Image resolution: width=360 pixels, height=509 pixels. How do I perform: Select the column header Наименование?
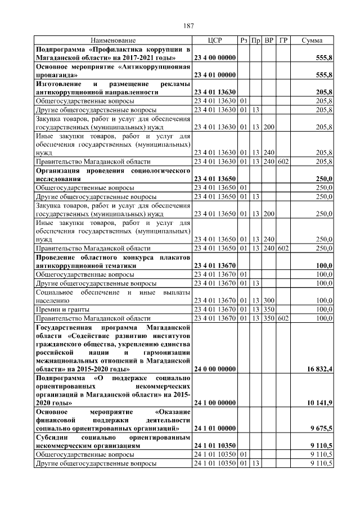pyautogui.click(x=113, y=40)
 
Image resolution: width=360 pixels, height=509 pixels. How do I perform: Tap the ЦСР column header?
pyautogui.click(x=215, y=40)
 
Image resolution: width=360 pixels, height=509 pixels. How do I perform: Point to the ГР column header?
pyautogui.click(x=283, y=40)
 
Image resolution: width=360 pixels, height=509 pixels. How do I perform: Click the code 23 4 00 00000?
pyautogui.click(x=214, y=58)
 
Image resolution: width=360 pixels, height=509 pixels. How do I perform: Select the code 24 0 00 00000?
pyautogui.click(x=214, y=369)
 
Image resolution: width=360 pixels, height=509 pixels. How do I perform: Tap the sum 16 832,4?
pyautogui.click(x=317, y=369)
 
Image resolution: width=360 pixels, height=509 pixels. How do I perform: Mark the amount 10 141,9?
pyautogui.click(x=317, y=403)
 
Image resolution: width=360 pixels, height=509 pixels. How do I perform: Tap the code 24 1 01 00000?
pyautogui.click(x=214, y=429)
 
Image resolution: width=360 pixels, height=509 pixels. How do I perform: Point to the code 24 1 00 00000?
pyautogui.click(x=214, y=403)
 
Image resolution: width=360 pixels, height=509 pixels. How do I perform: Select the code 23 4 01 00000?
pyautogui.click(x=214, y=75)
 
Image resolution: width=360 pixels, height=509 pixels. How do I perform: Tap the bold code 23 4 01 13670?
pyautogui.click(x=214, y=265)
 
